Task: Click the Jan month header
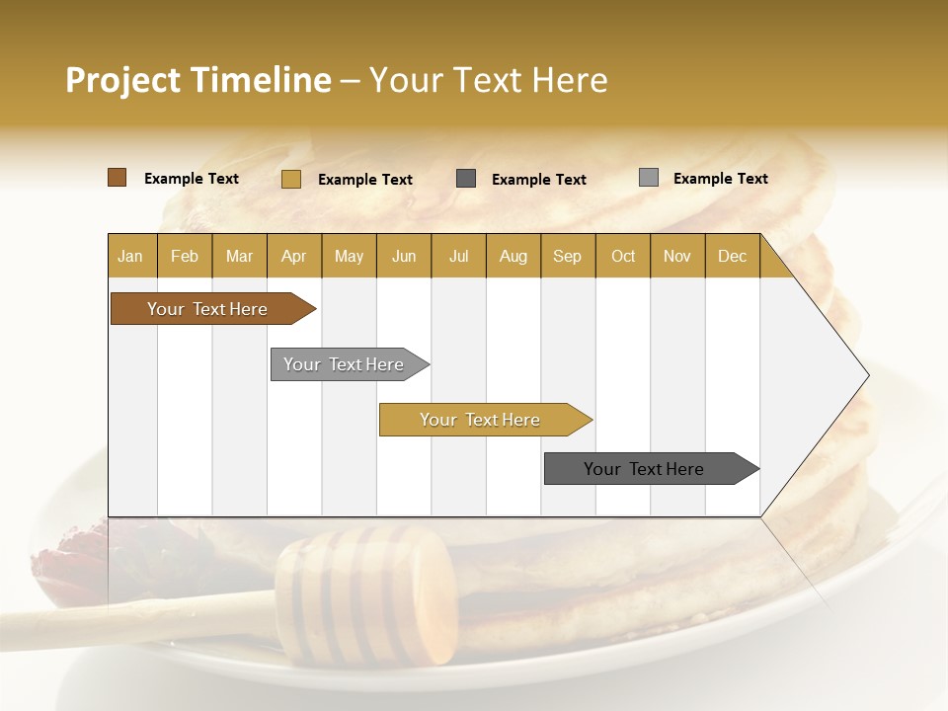130,256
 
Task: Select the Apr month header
293,256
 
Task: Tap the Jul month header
458,256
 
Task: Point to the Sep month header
567,256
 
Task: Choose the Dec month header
732,256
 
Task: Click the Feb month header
185,256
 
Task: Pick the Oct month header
623,256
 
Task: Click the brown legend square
118,178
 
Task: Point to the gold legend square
291,179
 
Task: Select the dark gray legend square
466,179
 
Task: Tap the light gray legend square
649,178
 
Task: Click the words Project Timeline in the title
198,80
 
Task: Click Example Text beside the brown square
192,179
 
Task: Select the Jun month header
404,256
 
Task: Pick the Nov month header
677,256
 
